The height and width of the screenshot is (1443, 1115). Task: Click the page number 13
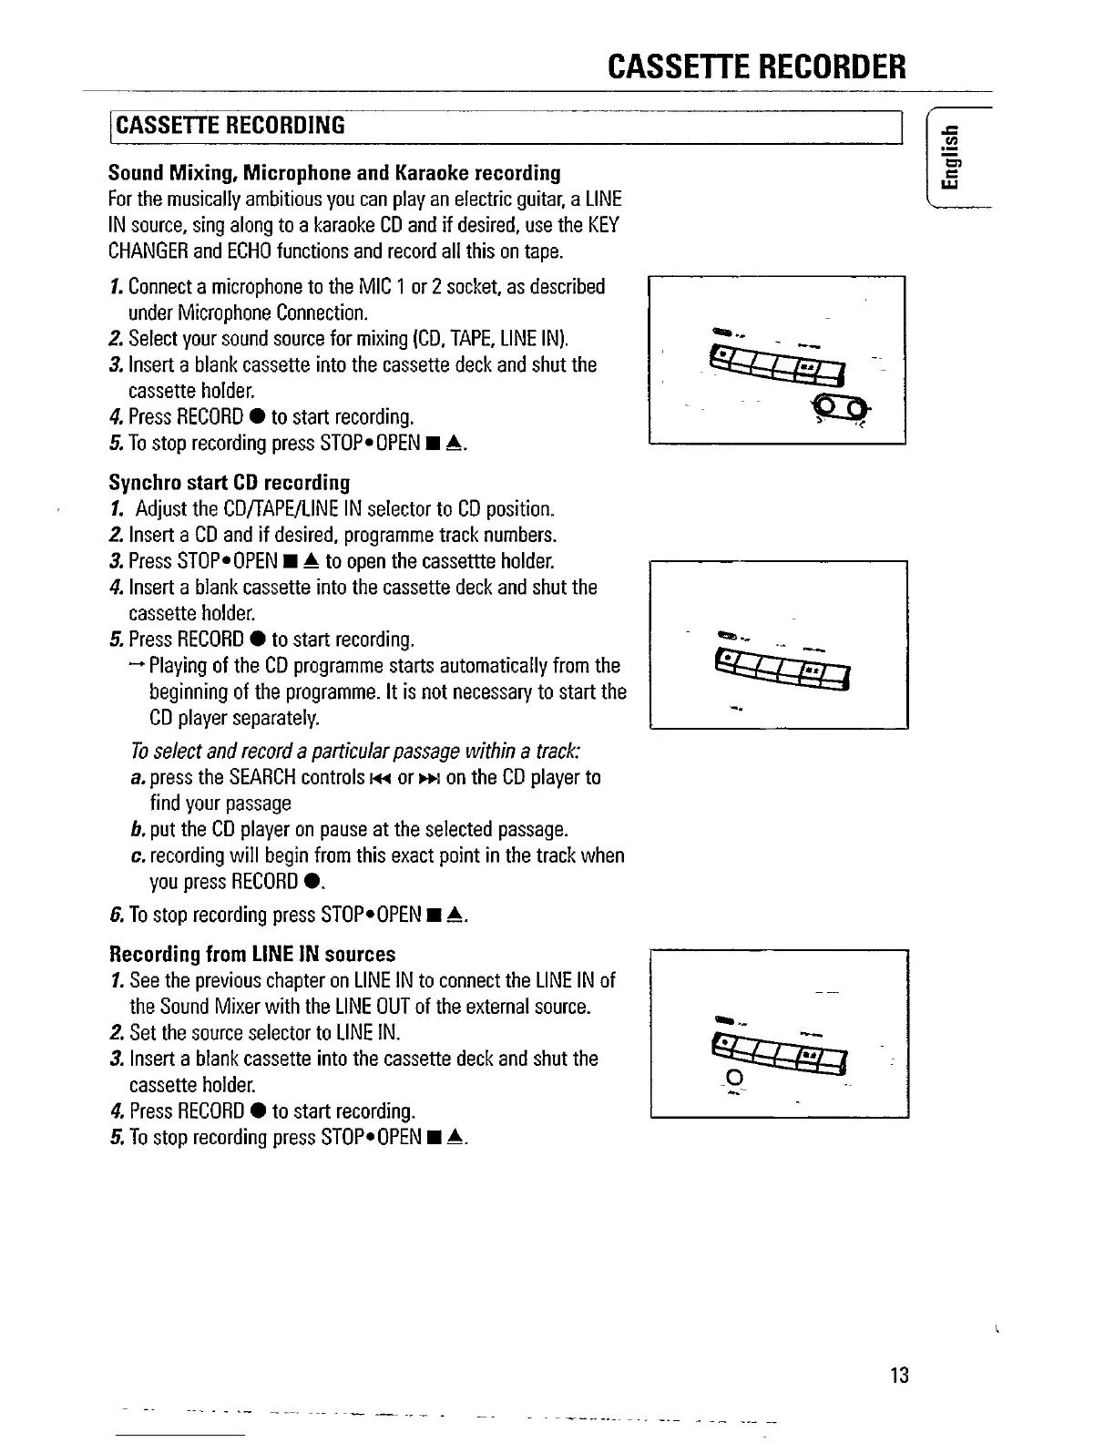coord(899,1375)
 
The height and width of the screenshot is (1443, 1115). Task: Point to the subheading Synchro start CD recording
coord(229,481)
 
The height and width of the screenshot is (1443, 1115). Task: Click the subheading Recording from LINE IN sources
coord(252,954)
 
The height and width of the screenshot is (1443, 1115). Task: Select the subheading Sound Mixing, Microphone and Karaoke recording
coord(334,172)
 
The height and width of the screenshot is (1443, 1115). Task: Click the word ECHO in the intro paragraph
coord(245,250)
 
